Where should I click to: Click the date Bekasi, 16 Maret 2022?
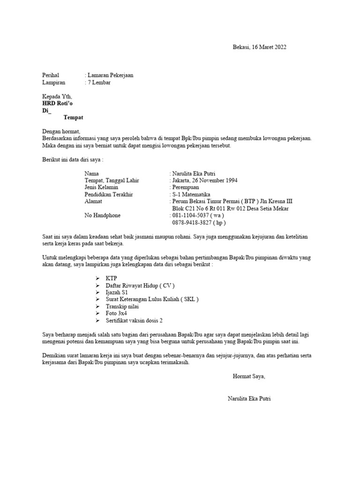259,47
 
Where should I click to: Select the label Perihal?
51,75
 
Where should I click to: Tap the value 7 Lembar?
99,82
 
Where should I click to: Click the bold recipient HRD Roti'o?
58,103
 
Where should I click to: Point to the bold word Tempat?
73,117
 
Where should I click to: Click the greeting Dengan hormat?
61,132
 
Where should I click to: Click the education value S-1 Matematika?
192,195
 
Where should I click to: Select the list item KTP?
111,278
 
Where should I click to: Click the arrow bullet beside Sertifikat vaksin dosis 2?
97,321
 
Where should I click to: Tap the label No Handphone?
102,216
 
